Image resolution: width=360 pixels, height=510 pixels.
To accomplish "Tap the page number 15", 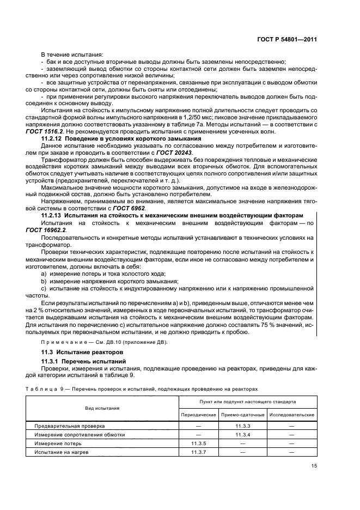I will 314,466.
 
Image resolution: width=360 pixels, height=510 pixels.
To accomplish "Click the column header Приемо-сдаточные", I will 242,415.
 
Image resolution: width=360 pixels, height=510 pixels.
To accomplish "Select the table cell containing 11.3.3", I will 242,426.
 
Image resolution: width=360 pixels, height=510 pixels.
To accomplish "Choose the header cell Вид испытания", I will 102,408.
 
